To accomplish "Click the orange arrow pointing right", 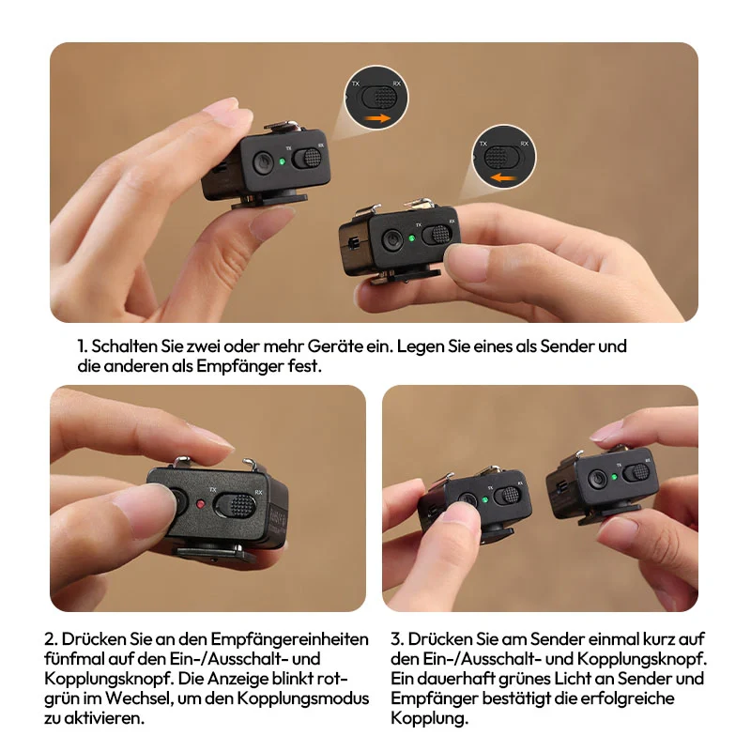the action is pyautogui.click(x=377, y=118).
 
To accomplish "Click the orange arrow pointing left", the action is pyautogui.click(x=504, y=178).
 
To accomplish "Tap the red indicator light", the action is pyautogui.click(x=201, y=503).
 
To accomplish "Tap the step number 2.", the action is pyautogui.click(x=51, y=639).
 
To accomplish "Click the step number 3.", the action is pyautogui.click(x=397, y=639).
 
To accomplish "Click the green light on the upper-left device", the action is pyautogui.click(x=283, y=161).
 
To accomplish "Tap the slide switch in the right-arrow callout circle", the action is pyautogui.click(x=379, y=98).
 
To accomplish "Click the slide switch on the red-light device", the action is pyautogui.click(x=234, y=506).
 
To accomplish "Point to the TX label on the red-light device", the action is pyautogui.click(x=213, y=489).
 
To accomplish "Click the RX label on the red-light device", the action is pyautogui.click(x=259, y=492).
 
